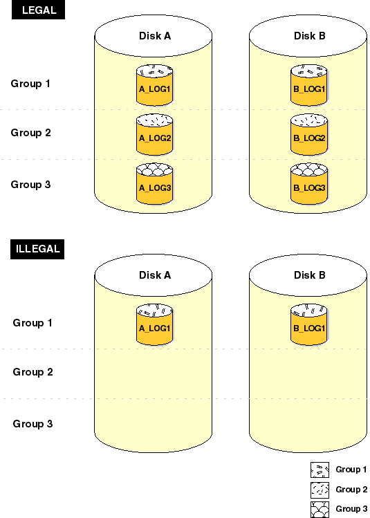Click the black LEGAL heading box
click(x=38, y=10)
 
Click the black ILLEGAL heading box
click(x=37, y=249)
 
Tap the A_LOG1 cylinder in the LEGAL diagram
click(x=155, y=85)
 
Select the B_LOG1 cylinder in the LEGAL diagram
click(x=309, y=85)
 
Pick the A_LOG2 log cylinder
click(x=155, y=134)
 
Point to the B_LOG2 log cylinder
click(x=309, y=134)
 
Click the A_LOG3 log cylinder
click(x=155, y=184)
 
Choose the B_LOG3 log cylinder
click(x=309, y=184)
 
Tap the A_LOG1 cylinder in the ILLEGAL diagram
click(x=155, y=324)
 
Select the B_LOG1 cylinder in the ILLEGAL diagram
click(x=309, y=324)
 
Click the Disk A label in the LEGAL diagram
click(x=155, y=36)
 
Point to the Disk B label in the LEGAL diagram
click(x=310, y=36)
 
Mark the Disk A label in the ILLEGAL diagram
click(x=155, y=275)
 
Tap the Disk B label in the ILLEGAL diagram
click(x=310, y=275)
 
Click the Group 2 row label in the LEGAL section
click(x=30, y=133)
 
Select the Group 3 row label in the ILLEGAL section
click(x=33, y=424)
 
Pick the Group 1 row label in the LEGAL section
click(x=30, y=84)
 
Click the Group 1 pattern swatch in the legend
click(x=320, y=470)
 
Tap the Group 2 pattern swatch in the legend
click(x=320, y=490)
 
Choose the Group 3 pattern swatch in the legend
click(x=320, y=510)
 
